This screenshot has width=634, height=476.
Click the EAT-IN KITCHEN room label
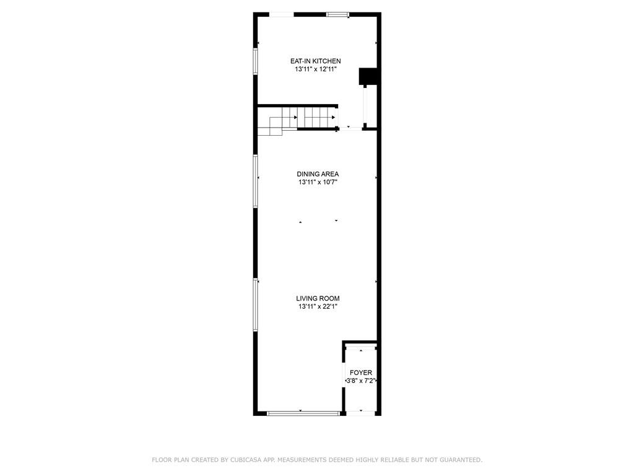coord(315,61)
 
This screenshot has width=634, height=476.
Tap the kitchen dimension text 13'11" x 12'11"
coord(315,69)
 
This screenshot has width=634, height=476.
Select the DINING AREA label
coord(318,174)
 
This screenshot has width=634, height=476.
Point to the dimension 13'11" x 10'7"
coord(318,182)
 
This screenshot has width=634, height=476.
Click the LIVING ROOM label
coord(318,298)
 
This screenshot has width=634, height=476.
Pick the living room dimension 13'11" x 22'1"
coord(318,306)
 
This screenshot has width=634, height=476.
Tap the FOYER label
coord(361,372)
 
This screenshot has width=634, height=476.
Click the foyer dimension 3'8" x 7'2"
coord(361,381)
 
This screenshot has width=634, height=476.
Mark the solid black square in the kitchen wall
coord(368,76)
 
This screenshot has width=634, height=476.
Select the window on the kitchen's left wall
coord(256,61)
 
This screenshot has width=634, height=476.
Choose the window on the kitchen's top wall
coord(338,15)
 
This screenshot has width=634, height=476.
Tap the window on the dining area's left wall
coord(256,181)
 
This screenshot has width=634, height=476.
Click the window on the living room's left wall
coord(256,305)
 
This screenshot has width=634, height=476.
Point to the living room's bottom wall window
coord(303,413)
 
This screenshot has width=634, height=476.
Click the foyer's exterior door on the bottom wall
coord(361,413)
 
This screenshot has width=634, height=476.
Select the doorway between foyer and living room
coord(361,347)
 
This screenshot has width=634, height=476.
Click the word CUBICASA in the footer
coord(246,460)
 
